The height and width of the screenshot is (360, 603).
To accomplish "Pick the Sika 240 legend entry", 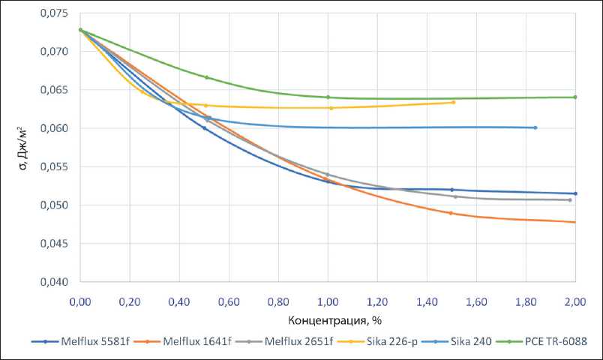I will point(470,341).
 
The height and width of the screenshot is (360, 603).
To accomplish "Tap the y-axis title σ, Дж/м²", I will point(23,148).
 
